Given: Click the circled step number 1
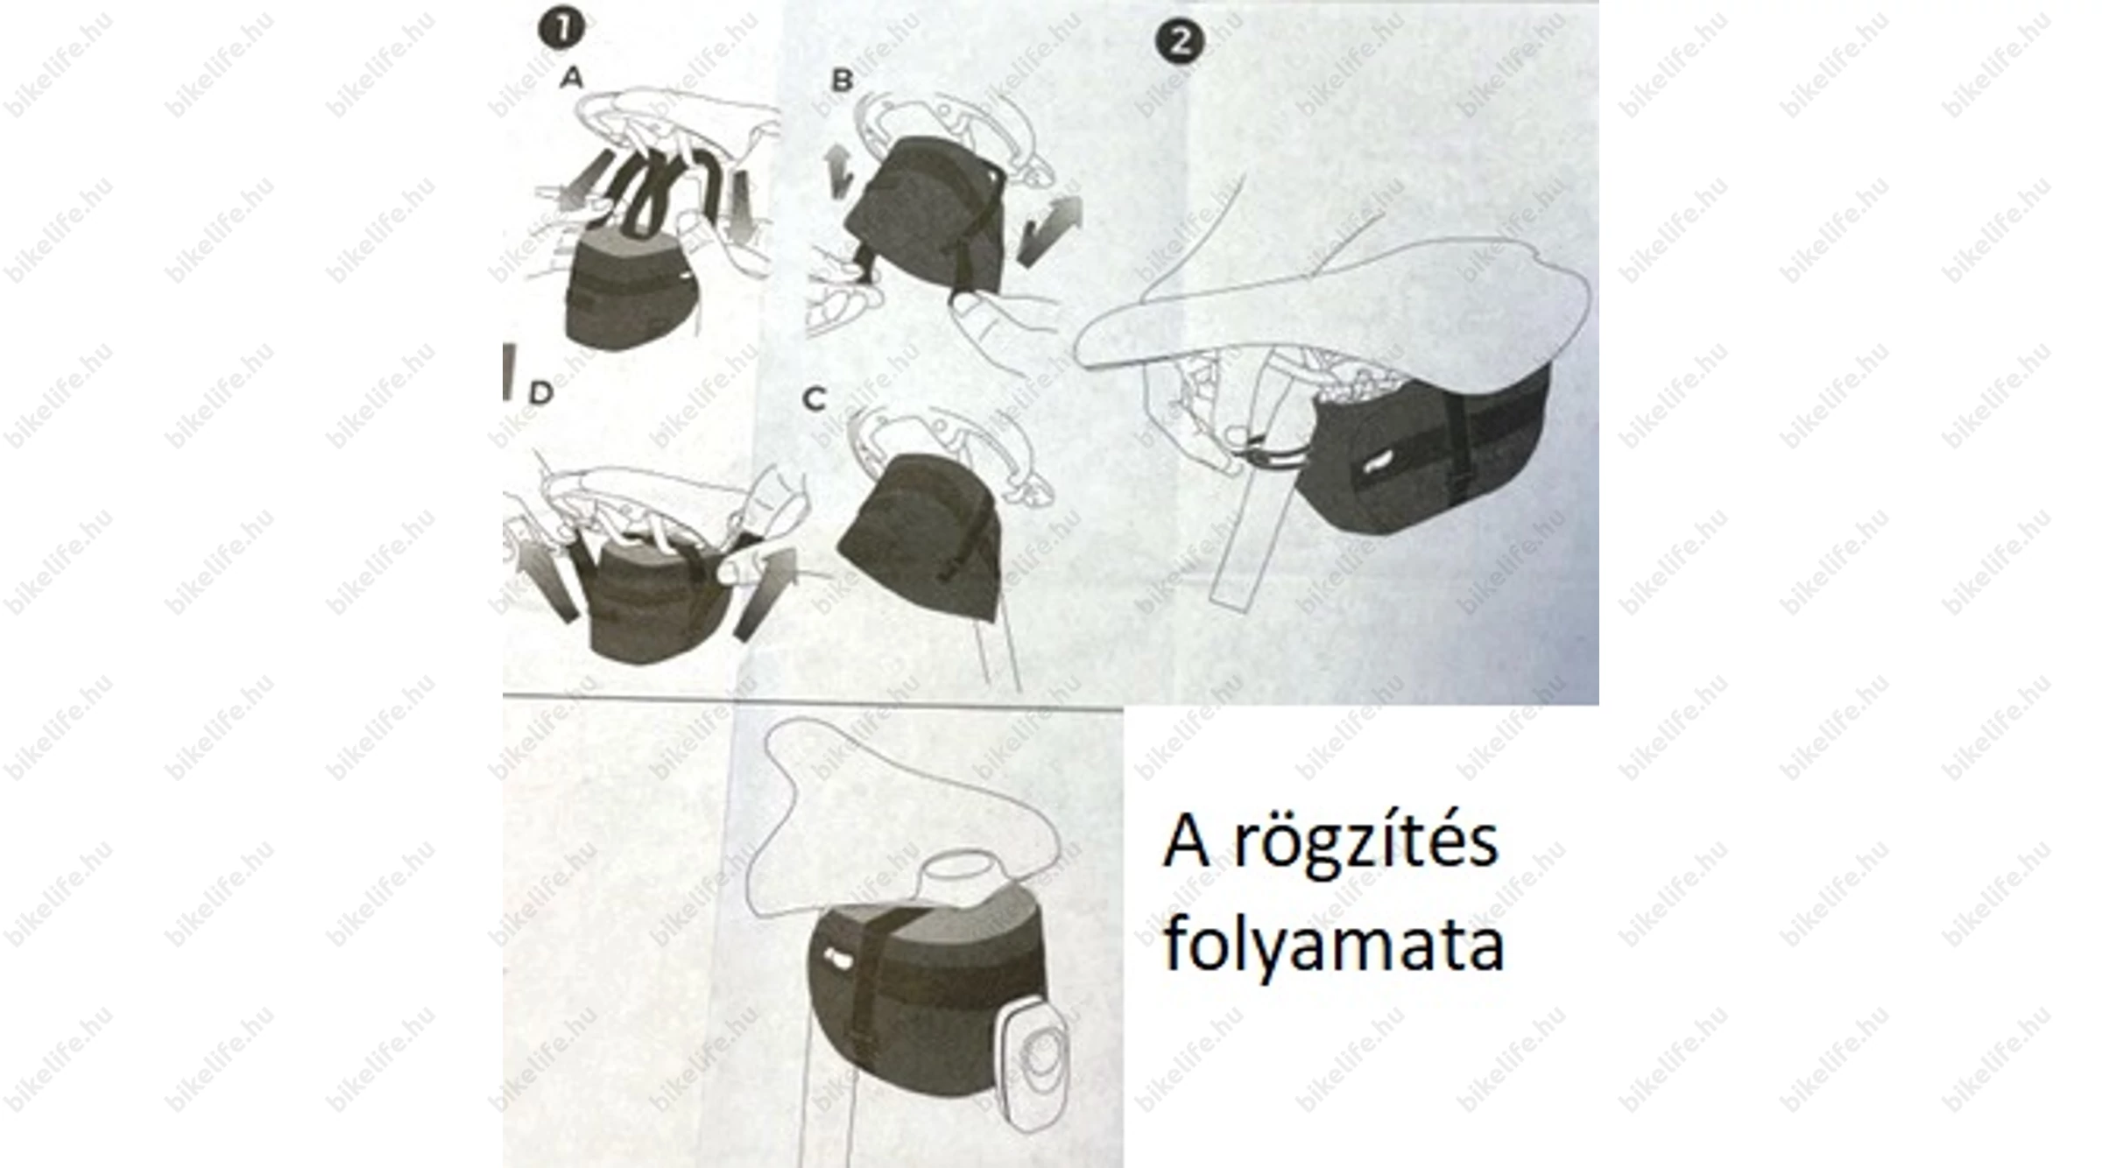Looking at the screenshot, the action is pos(561,28).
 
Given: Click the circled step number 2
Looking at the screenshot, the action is pos(1180,41).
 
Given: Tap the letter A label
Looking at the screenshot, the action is pos(571,78).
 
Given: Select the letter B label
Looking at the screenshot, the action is pos(842,81).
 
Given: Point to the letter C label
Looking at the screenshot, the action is pos(815,399).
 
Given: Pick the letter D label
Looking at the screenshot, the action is pos(541,393).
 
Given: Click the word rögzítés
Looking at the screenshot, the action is pos(1365,842).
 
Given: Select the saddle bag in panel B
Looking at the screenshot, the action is pos(924,215).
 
